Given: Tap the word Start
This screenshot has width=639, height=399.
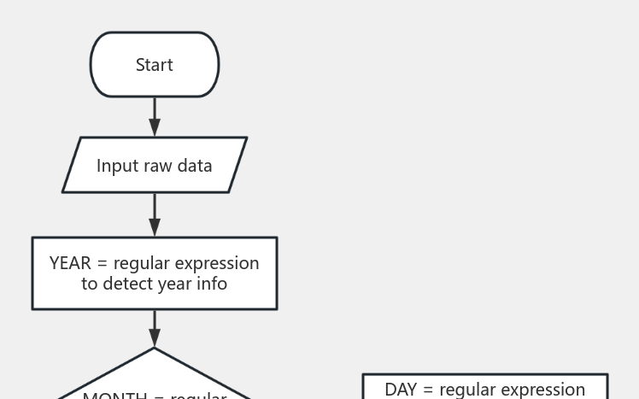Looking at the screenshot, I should (x=155, y=65).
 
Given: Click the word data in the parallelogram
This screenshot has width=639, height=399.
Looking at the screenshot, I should (x=194, y=166).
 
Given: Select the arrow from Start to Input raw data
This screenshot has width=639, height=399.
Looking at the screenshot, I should (x=155, y=116).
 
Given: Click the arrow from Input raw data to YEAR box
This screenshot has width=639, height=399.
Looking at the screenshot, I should (x=155, y=214).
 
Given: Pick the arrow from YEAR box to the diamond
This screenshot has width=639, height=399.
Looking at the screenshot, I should (x=155, y=328).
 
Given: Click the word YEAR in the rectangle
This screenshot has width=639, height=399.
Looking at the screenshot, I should (x=70, y=263).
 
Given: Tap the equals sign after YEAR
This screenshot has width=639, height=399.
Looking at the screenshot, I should (x=103, y=264).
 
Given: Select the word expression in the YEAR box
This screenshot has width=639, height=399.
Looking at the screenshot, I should (x=220, y=264).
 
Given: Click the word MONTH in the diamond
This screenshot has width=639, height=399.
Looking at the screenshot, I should (x=114, y=396).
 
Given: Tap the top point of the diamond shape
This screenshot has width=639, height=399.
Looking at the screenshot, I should (x=155, y=349).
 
